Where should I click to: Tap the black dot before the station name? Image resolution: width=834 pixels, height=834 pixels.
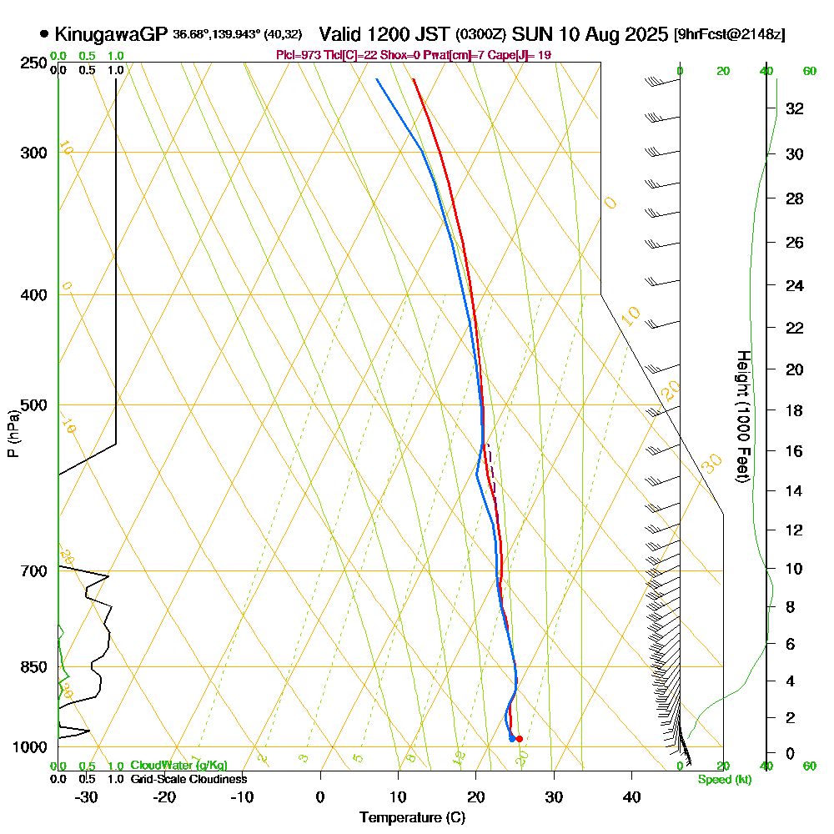click(43, 34)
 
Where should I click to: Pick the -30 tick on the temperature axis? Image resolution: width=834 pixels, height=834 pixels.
click(87, 796)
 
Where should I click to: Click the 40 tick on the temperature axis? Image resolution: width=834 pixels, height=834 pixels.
click(631, 796)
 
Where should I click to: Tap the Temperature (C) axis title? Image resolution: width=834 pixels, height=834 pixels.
click(412, 818)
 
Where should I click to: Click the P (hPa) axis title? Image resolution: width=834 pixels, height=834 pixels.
click(13, 433)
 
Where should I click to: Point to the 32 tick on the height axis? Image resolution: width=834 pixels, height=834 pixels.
click(794, 108)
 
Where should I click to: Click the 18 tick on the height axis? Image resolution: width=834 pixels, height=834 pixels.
click(794, 410)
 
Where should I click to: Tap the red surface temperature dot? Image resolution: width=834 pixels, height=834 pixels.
click(519, 738)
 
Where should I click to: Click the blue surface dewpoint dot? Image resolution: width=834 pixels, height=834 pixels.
click(511, 739)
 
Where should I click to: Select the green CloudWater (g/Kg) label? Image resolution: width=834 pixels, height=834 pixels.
click(178, 766)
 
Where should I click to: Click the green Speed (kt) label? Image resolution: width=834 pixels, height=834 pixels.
click(722, 779)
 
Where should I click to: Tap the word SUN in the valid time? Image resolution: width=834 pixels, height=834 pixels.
click(530, 34)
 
